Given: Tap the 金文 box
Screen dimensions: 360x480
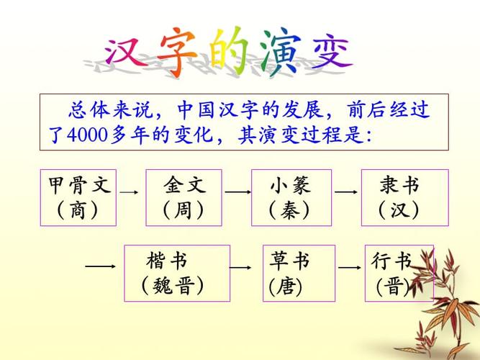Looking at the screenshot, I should [x=184, y=198].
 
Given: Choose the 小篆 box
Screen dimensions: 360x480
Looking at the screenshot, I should [x=291, y=198].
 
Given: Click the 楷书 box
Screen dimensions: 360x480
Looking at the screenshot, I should [x=177, y=273].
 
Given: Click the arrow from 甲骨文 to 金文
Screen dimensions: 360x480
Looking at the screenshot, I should [x=130, y=193].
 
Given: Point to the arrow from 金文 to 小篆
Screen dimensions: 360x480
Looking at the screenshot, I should [x=237, y=192].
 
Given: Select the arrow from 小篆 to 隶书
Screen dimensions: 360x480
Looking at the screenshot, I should [x=346, y=192].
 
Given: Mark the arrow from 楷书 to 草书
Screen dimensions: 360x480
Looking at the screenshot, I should [x=240, y=267].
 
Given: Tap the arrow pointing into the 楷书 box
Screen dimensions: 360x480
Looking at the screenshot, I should [x=100, y=266].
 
